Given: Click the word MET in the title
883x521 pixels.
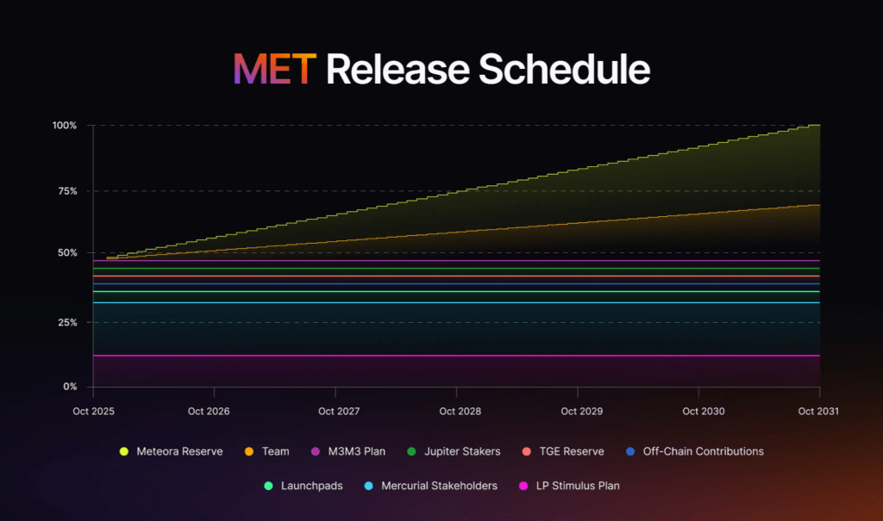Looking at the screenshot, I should pos(274,69).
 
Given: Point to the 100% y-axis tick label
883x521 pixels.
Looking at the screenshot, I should pos(65,126).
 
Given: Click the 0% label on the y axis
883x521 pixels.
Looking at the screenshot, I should pos(70,387).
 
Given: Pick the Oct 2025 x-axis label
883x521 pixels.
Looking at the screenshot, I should pos(93,412).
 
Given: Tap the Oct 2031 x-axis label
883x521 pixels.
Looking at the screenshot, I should pos(818,412).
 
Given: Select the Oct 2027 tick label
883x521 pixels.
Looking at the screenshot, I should pos(338,412).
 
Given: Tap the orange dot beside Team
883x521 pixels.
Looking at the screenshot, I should pos(247,451).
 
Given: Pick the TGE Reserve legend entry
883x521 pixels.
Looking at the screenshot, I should pos(570,451).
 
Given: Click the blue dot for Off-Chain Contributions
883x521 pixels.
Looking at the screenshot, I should pos(630,451).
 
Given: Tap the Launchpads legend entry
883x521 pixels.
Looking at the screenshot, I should pos(311,486).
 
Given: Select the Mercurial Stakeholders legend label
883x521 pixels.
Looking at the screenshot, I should pos(439,486).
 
